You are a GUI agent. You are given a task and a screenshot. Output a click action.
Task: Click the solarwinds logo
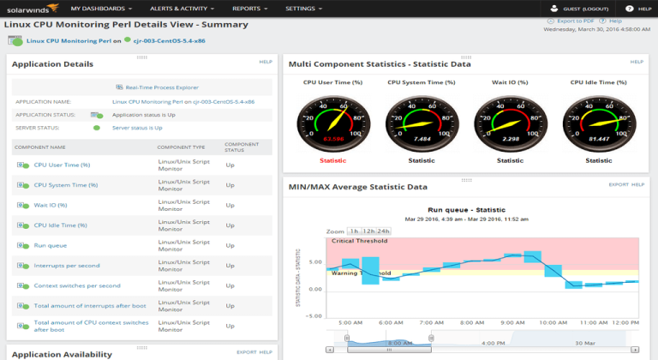click(28, 9)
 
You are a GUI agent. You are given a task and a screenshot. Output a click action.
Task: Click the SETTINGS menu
click(302, 8)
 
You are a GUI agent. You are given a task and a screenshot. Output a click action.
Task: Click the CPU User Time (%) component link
click(62, 165)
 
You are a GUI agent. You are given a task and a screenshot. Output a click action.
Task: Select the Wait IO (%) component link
click(51, 205)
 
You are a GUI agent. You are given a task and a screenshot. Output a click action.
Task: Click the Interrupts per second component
click(66, 265)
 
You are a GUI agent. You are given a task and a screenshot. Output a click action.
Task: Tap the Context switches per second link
click(77, 285)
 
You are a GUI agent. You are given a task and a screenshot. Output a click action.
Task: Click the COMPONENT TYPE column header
click(181, 147)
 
